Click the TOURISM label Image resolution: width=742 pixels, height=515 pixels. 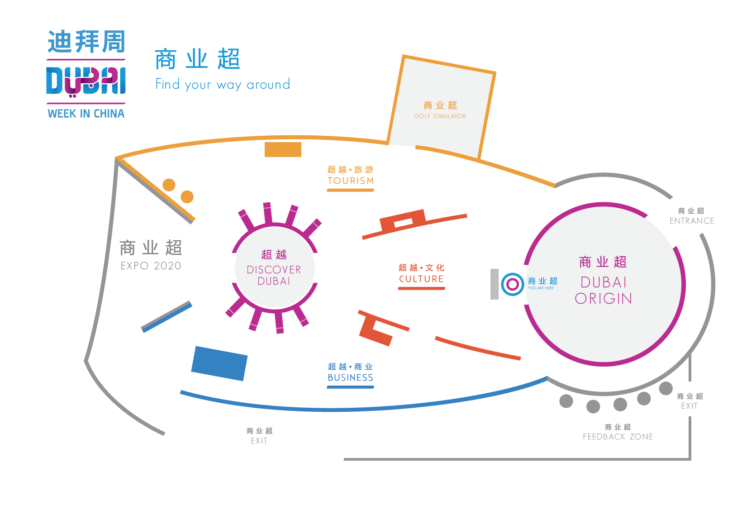351,181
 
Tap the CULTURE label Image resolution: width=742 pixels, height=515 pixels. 421,279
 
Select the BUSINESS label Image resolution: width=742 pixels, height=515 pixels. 350,377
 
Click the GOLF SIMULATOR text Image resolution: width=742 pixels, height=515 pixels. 440,116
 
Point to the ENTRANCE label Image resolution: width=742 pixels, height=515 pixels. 692,221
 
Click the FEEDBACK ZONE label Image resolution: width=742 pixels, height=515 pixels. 618,437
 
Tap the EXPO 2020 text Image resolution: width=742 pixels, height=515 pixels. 151,266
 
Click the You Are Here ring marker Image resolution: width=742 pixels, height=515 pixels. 512,284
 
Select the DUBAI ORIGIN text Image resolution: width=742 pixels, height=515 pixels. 604,290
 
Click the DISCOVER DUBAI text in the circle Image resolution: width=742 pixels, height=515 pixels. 274,275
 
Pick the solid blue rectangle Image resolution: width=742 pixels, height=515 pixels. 219,363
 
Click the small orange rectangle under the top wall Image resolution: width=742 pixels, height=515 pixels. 283,150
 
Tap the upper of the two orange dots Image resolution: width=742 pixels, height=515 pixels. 169,185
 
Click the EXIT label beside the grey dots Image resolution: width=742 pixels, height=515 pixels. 689,406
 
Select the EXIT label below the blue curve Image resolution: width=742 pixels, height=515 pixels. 259,441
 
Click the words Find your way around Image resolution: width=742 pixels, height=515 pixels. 223,85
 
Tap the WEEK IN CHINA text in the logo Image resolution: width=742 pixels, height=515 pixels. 86,114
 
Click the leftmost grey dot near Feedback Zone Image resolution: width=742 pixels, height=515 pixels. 566,401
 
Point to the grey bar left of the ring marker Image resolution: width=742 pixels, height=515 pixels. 495,284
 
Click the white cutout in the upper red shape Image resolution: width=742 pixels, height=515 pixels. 404,223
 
